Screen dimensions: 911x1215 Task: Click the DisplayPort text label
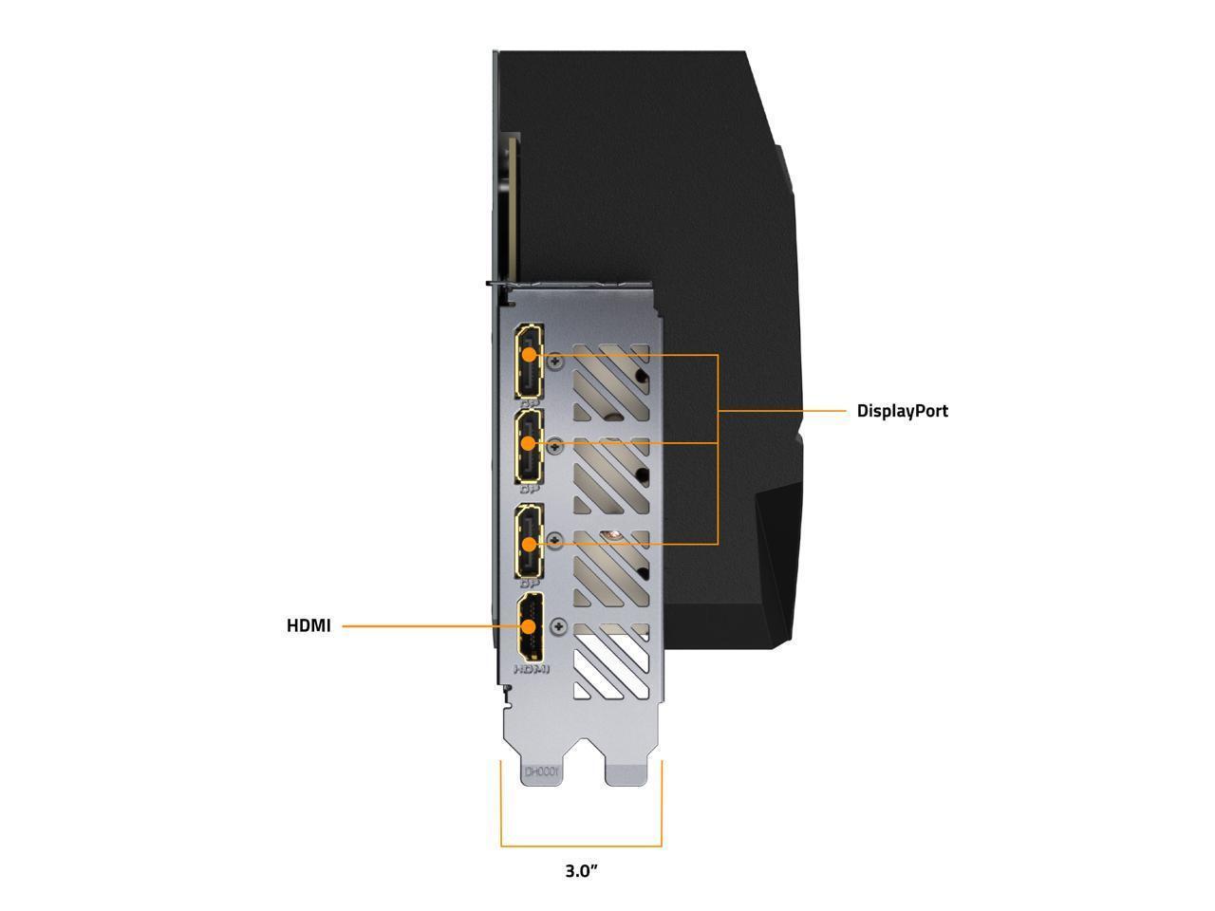902,411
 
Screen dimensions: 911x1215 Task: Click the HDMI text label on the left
308,626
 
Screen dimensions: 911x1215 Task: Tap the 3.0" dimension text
581,870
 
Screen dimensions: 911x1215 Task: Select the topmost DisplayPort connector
529,361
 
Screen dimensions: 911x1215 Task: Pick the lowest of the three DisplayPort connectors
529,542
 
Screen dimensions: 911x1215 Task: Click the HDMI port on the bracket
530,627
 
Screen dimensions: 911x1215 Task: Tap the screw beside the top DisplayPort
555,360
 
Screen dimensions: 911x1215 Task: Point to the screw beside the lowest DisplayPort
555,539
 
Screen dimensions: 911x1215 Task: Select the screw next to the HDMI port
558,626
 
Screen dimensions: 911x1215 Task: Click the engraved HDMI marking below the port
532,669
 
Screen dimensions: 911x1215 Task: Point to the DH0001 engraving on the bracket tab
543,773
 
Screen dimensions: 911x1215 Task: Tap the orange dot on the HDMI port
529,626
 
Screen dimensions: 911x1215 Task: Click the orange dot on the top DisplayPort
529,355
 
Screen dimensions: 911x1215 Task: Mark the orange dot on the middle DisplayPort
529,443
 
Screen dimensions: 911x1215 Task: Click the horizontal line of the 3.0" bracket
581,846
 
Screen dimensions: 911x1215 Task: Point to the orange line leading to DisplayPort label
783,411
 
